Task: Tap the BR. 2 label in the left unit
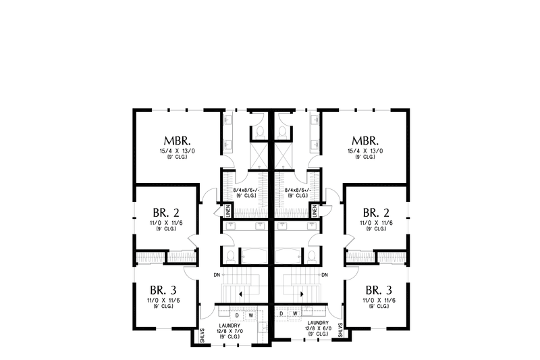click(165, 212)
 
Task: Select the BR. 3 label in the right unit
click(373, 286)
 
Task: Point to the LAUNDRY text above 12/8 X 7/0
click(230, 325)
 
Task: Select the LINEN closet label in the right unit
click(314, 211)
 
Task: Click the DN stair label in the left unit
click(216, 275)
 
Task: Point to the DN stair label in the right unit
click(325, 275)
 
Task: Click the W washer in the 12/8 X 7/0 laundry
click(251, 315)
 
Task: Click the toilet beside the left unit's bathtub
click(231, 256)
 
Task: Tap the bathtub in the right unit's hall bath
click(291, 255)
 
